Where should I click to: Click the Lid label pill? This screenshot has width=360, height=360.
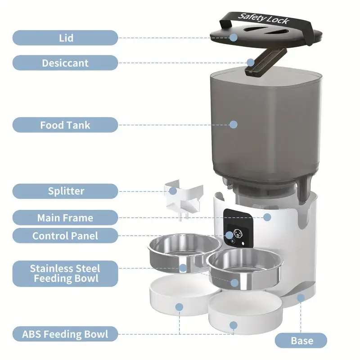pyautogui.click(x=65, y=38)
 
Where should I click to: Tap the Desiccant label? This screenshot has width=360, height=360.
pyautogui.click(x=65, y=63)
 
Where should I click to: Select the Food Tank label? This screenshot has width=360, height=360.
pyautogui.click(x=65, y=125)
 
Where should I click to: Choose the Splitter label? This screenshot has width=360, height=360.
pyautogui.click(x=65, y=191)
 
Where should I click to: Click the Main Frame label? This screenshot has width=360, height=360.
pyautogui.click(x=65, y=218)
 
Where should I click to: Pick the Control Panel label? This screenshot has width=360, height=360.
pyautogui.click(x=65, y=235)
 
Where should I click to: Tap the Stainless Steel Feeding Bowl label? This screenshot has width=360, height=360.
pyautogui.click(x=65, y=274)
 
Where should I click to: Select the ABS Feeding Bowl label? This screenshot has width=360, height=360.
pyautogui.click(x=65, y=334)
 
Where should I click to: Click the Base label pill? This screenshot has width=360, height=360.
pyautogui.click(x=301, y=341)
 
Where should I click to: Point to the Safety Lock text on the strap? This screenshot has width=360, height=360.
pyautogui.click(x=263, y=18)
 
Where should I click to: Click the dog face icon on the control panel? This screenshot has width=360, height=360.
pyautogui.click(x=238, y=234)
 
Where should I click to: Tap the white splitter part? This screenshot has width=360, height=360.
pyautogui.click(x=183, y=200)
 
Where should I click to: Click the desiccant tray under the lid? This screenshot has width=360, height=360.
pyautogui.click(x=266, y=62)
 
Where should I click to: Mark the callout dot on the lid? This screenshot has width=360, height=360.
pyautogui.click(x=233, y=37)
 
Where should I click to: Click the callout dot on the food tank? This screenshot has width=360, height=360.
pyautogui.click(x=233, y=125)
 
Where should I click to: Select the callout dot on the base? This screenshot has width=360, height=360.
pyautogui.click(x=301, y=298)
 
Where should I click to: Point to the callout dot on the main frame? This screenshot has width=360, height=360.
pyautogui.click(x=267, y=217)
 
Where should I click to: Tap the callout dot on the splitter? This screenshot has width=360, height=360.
pyautogui.click(x=173, y=191)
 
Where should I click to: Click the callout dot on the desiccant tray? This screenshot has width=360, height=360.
pyautogui.click(x=251, y=62)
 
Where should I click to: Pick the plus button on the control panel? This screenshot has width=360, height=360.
pyautogui.click(x=233, y=241)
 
